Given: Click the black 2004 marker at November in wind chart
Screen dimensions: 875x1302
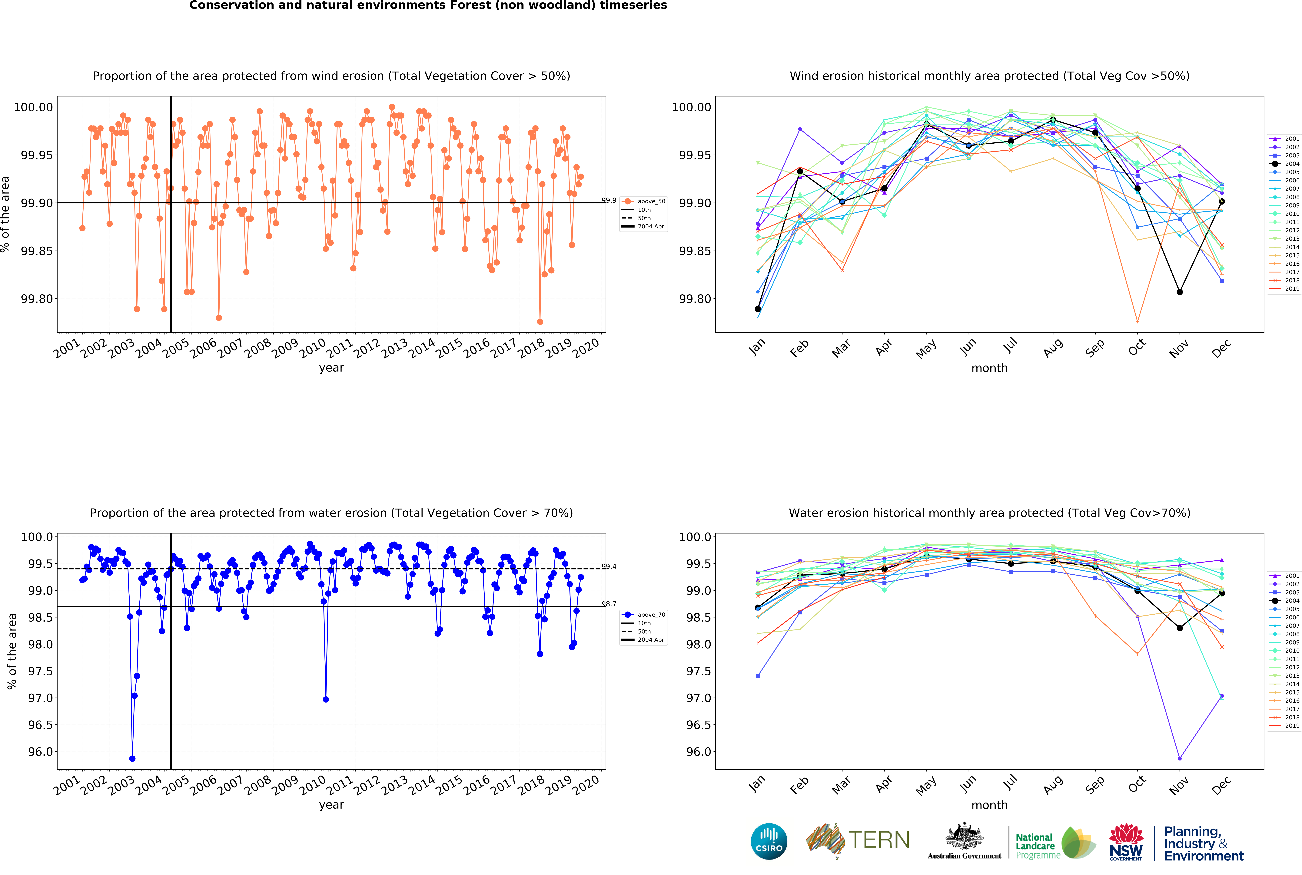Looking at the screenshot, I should pos(1179,292).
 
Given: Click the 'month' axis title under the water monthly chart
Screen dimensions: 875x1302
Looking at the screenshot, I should pos(990,805).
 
